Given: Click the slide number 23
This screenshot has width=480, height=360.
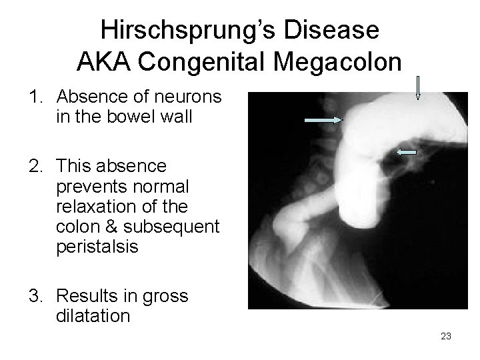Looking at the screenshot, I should pyautogui.click(x=446, y=336).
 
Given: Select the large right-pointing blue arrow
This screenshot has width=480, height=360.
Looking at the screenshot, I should pyautogui.click(x=323, y=119).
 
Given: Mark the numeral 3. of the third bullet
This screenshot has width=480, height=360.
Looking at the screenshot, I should pyautogui.click(x=35, y=296).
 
